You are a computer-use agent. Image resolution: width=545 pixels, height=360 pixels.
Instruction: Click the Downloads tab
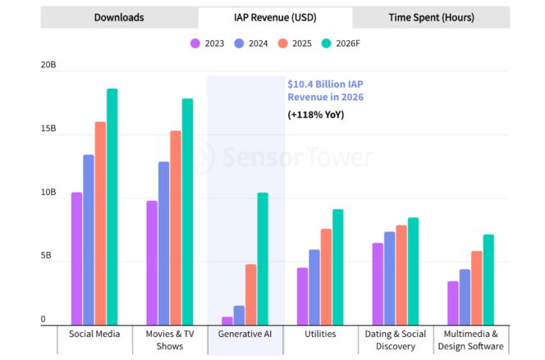(119, 17)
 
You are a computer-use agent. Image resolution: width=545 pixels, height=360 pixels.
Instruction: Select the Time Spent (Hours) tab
(431, 17)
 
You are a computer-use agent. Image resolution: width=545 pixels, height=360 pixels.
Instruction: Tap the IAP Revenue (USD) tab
(275, 17)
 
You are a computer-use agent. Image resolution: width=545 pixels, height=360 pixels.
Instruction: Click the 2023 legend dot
(195, 43)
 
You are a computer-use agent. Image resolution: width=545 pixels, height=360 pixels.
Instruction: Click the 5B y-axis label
(26, 257)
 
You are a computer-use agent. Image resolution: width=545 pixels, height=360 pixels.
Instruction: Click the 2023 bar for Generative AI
(227, 321)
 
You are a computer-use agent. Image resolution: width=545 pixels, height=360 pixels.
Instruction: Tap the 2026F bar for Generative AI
(263, 259)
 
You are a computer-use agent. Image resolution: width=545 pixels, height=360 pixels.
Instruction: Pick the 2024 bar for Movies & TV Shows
(164, 244)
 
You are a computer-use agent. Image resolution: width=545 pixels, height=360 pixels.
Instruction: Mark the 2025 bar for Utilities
(326, 277)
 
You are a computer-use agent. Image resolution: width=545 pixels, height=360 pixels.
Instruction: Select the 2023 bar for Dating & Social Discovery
(378, 284)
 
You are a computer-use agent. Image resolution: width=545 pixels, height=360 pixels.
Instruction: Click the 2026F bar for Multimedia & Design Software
(488, 280)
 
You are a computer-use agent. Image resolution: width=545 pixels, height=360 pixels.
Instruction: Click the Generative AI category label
(245, 335)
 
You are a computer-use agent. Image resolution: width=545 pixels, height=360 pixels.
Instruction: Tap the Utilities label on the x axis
(320, 335)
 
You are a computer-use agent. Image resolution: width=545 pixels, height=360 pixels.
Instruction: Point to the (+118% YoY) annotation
(316, 115)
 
